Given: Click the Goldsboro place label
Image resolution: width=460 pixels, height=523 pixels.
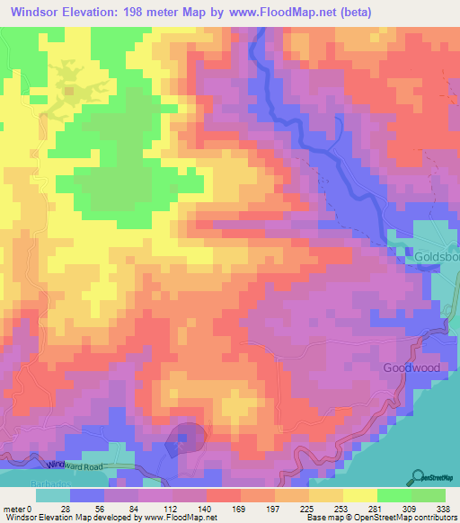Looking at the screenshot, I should coord(437,256).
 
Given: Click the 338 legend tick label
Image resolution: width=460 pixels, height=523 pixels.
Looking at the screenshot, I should coord(444,508).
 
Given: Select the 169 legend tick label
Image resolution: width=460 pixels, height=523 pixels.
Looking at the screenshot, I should coord(239,508).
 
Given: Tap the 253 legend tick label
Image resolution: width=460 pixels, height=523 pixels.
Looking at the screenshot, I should coord(341,508).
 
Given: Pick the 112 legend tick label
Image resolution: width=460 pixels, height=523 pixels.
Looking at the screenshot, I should coord(171,508).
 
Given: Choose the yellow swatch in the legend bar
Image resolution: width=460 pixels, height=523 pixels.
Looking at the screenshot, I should coord(359,495).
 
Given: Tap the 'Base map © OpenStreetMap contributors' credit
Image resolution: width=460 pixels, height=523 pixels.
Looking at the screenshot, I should coord(381,517).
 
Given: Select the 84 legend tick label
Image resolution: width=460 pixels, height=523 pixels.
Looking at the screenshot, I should coord(137,508).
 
